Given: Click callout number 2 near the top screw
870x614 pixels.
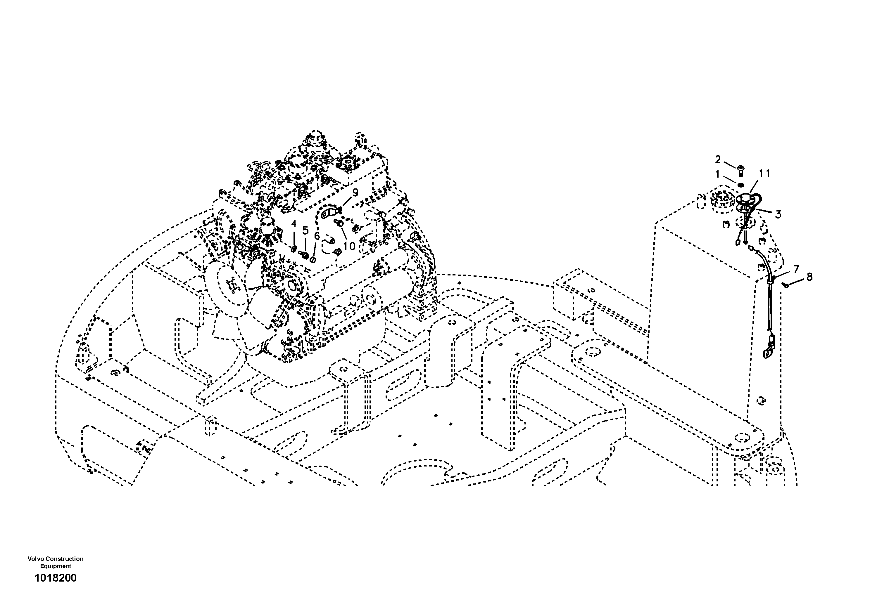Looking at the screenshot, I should click(x=718, y=160).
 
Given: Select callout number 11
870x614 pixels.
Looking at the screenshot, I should click(x=765, y=174).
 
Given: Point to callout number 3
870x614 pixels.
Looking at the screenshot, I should click(x=778, y=214).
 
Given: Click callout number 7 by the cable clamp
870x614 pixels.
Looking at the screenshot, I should click(x=796, y=269).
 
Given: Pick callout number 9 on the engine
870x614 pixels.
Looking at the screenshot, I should click(x=355, y=193).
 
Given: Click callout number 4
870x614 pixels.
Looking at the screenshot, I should click(x=294, y=224).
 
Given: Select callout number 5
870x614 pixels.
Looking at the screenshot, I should click(x=305, y=230).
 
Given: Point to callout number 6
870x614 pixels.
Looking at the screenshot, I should click(x=317, y=236).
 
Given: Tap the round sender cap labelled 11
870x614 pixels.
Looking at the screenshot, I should click(x=742, y=198).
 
